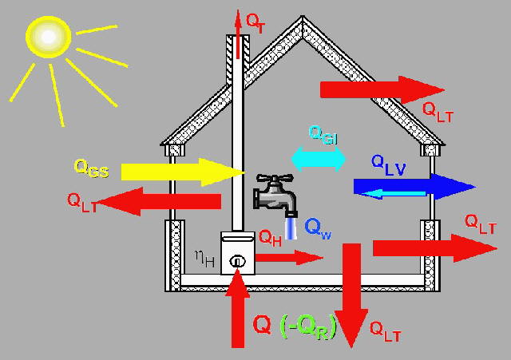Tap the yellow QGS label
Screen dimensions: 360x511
pos(91,168)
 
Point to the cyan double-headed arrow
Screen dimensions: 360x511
pos(318,158)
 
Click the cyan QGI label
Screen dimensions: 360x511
pos(323,135)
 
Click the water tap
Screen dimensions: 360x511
pos(275,194)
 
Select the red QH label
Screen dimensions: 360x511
pos(271,237)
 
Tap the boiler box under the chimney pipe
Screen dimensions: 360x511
pos(237,255)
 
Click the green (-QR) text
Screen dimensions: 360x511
pos(308,326)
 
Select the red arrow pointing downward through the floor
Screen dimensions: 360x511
pos(351,295)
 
